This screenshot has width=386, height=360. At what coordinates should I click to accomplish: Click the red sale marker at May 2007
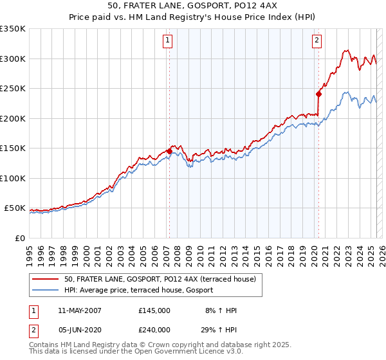point(169,151)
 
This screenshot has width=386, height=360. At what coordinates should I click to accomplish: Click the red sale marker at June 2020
point(318,94)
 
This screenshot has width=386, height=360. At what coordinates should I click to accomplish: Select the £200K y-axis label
point(13,118)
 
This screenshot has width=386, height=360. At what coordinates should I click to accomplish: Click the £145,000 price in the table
point(154,310)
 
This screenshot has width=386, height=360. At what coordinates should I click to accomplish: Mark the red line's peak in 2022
point(346,50)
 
